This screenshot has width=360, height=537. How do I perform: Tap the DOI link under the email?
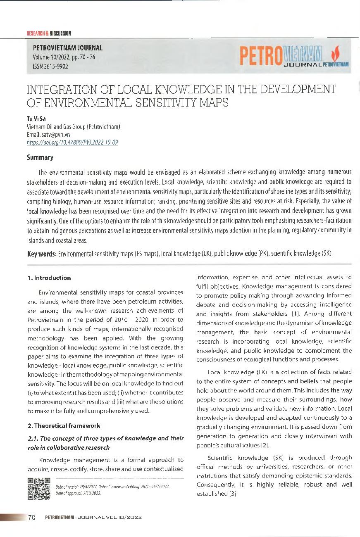coord(72,143)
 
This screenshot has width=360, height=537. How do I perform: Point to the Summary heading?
coord(40,157)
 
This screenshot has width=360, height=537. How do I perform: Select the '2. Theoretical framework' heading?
coord(64,425)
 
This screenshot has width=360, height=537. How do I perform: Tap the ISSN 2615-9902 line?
coord(51,66)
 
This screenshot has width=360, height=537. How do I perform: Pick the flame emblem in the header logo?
coord(335,53)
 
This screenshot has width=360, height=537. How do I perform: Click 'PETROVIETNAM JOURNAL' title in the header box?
coord(68,48)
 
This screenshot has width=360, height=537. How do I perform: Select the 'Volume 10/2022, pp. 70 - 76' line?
coord(64,57)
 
